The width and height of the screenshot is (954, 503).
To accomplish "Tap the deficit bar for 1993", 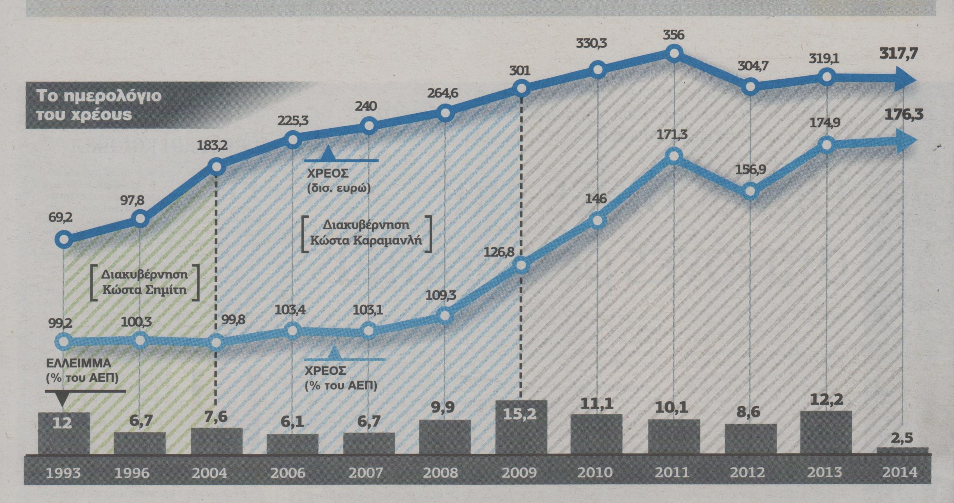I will pyautogui.click(x=63, y=433).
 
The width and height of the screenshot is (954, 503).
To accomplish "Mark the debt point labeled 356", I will pyautogui.click(x=673, y=53).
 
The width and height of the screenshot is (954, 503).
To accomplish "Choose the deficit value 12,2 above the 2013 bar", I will pyautogui.click(x=827, y=400).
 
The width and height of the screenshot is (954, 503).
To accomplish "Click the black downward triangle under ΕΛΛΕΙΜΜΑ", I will pyautogui.click(x=63, y=399).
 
